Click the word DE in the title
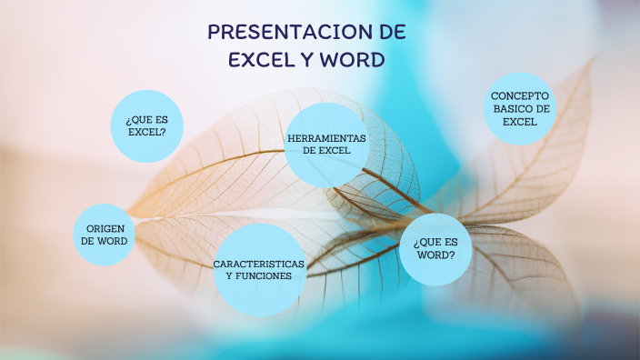tap(392, 33)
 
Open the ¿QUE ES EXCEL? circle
tap(146, 125)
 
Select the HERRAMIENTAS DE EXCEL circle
tap(326, 144)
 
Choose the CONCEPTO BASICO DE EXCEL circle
tap(520, 108)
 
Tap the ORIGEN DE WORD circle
tap(105, 235)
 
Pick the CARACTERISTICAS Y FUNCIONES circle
tap(259, 269)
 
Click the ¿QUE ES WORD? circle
tap(435, 248)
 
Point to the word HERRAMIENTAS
tap(326, 137)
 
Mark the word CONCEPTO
tap(520, 95)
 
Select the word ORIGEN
tap(105, 228)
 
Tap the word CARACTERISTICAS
tap(259, 264)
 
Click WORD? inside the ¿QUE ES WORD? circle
tap(435, 255)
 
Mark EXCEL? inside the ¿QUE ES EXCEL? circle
tap(146, 132)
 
